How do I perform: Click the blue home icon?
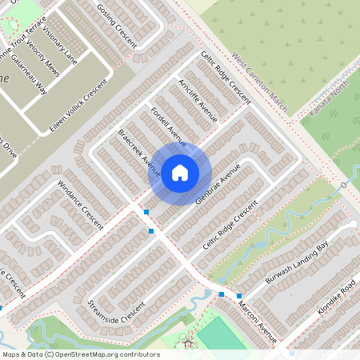click(x=180, y=172)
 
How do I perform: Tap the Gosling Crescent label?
click(x=117, y=25)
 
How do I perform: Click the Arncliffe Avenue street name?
click(x=199, y=100)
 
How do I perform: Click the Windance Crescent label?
click(x=81, y=205)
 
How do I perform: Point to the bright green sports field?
click(x=218, y=334)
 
